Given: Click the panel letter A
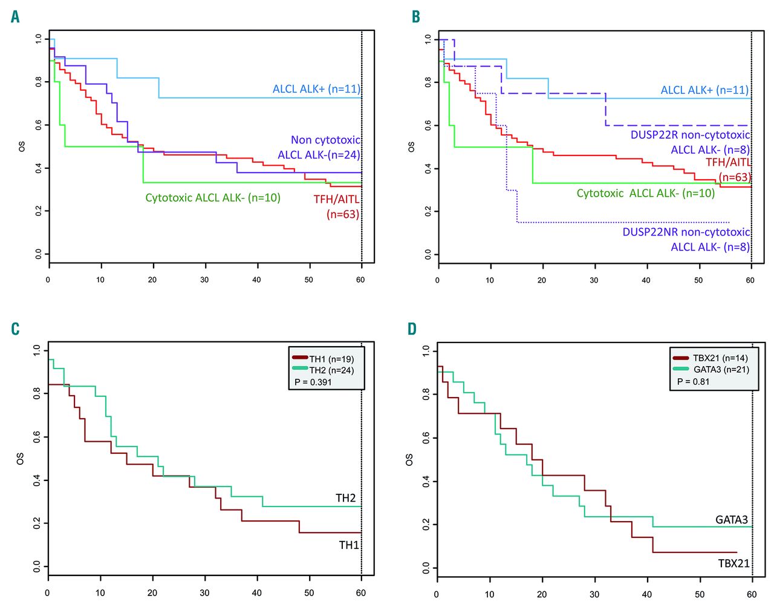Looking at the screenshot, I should click(x=15, y=17).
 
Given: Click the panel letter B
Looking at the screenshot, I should click(x=416, y=17).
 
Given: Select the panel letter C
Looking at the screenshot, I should click(x=15, y=329).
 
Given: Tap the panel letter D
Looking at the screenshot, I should click(x=412, y=329).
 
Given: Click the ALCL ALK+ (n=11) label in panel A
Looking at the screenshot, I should click(x=316, y=89).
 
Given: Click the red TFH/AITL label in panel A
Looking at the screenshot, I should click(x=336, y=200).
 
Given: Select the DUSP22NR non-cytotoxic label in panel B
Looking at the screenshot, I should click(x=686, y=232).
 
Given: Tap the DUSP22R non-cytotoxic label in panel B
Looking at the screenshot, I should click(x=690, y=135).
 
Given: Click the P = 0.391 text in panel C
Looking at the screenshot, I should click(x=313, y=382).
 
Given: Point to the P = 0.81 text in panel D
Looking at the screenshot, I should click(x=693, y=381).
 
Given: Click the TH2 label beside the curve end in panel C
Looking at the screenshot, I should click(x=346, y=498).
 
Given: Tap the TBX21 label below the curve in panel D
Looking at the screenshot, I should click(x=733, y=563).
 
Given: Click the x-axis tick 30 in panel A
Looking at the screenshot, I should click(x=204, y=280).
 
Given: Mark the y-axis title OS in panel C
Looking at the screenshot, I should click(x=21, y=459).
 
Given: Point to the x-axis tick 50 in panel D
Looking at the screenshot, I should click(x=700, y=594).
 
